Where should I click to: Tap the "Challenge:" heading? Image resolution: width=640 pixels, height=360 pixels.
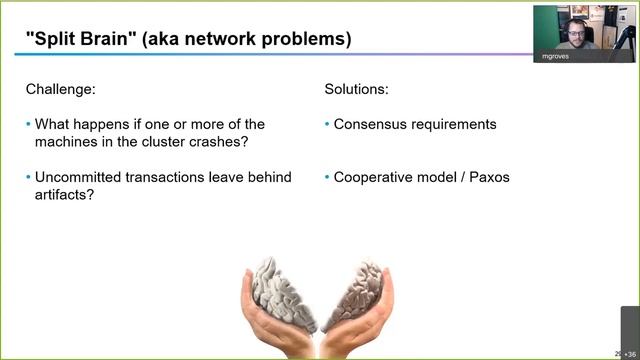pyautogui.click(x=61, y=90)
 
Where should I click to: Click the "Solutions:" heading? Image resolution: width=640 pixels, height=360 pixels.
pyautogui.click(x=357, y=90)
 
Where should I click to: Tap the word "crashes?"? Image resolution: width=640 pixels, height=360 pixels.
pyautogui.click(x=215, y=142)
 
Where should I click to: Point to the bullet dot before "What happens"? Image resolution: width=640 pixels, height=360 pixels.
pyautogui.click(x=28, y=125)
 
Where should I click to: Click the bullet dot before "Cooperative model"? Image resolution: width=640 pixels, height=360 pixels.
pyautogui.click(x=327, y=177)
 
